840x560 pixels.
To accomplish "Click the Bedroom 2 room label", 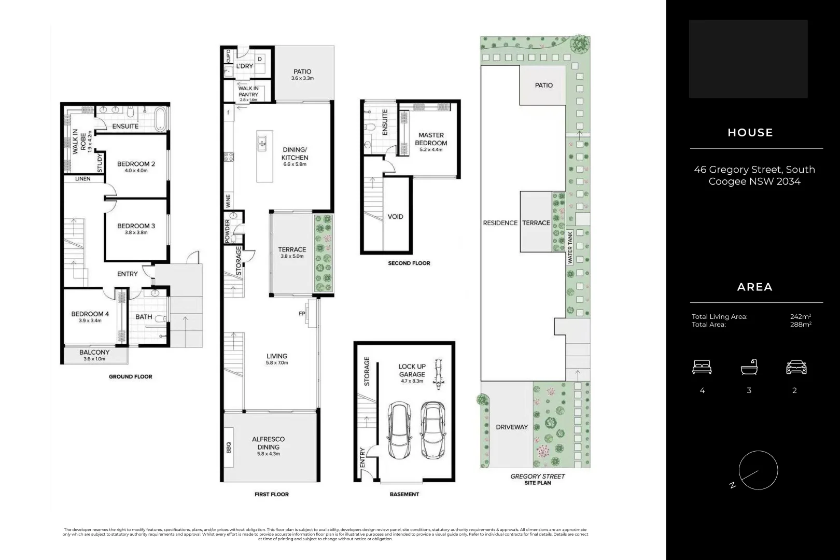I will [x=136, y=164].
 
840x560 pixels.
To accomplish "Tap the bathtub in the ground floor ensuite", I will [x=161, y=119].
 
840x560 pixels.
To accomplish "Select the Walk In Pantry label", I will [x=248, y=92].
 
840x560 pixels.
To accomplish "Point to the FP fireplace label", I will [x=302, y=313].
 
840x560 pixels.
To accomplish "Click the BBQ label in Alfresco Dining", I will [x=229, y=447].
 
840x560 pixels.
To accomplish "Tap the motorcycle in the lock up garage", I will [x=439, y=375].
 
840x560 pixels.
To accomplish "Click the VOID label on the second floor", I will [x=395, y=217].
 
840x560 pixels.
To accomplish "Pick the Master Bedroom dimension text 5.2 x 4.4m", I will [x=430, y=150].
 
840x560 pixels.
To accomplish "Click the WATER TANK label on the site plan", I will [x=570, y=248].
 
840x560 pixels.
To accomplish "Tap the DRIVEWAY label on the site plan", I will [x=511, y=427].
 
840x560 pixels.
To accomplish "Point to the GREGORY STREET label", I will [x=537, y=476].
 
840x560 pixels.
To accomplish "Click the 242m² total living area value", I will [x=800, y=316].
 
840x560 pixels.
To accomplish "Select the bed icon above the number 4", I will [x=702, y=368].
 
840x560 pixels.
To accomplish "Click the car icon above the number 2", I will [x=796, y=368].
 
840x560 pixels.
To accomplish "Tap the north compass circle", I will [x=758, y=470].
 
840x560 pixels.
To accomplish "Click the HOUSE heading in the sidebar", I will [x=750, y=133].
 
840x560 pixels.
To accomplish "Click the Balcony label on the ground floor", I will [x=94, y=352].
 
